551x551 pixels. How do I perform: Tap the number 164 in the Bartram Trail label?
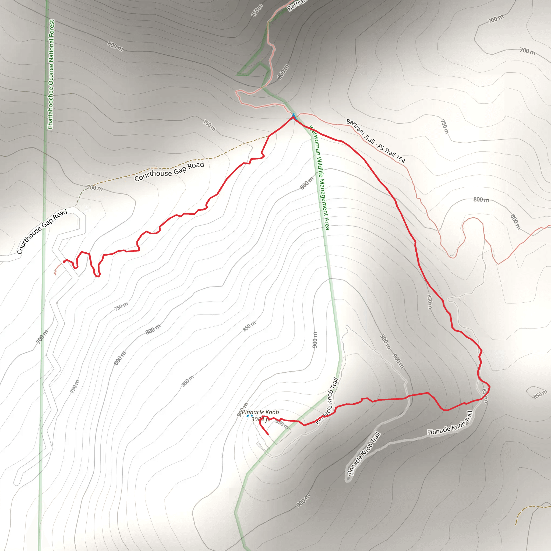[x=400, y=158]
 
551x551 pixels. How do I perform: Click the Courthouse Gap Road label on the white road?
[x=42, y=231]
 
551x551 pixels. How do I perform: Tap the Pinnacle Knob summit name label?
[x=260, y=412]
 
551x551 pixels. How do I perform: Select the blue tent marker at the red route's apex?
[x=294, y=117]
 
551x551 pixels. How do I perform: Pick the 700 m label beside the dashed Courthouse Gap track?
[x=95, y=188]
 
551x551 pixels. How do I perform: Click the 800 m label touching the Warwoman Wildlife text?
[x=307, y=183]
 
